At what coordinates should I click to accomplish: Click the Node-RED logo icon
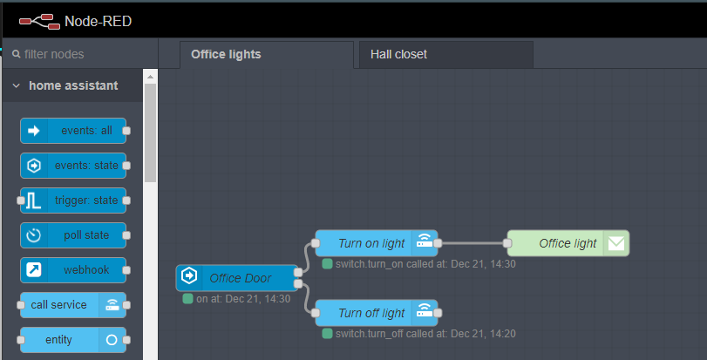click(x=40, y=22)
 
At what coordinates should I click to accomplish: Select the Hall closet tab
click(x=446, y=55)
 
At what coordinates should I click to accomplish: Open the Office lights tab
click(x=267, y=55)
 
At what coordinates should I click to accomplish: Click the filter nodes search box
click(x=80, y=55)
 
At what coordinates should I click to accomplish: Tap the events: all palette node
click(x=73, y=131)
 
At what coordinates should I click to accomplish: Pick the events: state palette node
click(x=73, y=166)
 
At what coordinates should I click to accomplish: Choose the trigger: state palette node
click(x=73, y=200)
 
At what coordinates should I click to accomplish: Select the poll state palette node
click(x=73, y=235)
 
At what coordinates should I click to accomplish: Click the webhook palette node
click(x=73, y=270)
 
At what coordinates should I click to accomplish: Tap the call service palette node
click(x=73, y=305)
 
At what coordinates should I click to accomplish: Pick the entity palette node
click(x=73, y=340)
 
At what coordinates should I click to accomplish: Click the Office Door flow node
click(x=237, y=278)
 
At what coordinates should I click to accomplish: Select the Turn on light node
click(x=377, y=243)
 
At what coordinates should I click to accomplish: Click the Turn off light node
click(x=377, y=313)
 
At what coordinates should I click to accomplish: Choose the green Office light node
click(x=568, y=243)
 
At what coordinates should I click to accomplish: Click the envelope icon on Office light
click(x=616, y=243)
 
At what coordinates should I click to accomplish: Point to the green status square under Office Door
click(x=187, y=299)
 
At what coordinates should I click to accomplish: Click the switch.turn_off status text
click(x=425, y=334)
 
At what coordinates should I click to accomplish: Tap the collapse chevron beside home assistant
click(x=17, y=85)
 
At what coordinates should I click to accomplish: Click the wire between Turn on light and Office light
click(x=472, y=243)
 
